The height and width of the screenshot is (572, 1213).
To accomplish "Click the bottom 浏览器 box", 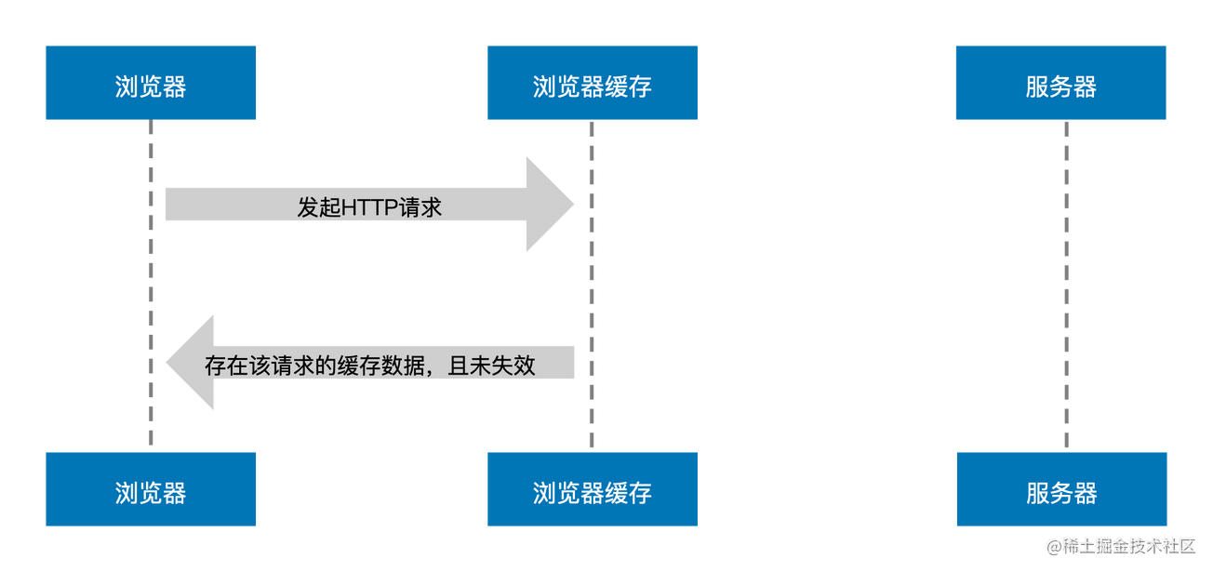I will coord(151,490).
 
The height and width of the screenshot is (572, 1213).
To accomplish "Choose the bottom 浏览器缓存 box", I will coord(592,490).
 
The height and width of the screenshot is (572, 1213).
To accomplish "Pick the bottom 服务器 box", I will coord(1061,490).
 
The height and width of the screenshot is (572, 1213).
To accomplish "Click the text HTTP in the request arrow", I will coord(368,207).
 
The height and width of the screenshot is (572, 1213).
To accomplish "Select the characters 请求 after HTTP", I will coord(419,207).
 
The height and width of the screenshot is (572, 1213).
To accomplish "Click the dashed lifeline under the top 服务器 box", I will coord(1065,279).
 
